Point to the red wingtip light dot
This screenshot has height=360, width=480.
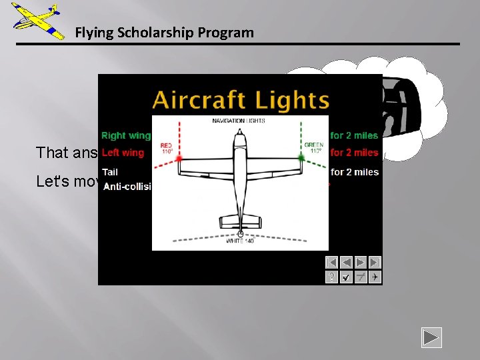179,158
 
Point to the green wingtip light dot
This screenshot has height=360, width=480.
301,157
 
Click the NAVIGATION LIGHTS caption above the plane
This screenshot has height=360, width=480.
239,121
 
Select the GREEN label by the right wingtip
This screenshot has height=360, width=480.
313,148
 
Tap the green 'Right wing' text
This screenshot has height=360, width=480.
126,135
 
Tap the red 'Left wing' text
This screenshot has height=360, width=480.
123,153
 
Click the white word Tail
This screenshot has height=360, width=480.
110,172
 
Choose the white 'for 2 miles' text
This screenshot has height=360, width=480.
354,172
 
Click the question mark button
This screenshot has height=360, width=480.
331,277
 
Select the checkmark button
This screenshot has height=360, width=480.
346,277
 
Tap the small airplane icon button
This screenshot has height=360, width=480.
375,277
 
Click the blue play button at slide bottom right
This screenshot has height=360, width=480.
431,338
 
